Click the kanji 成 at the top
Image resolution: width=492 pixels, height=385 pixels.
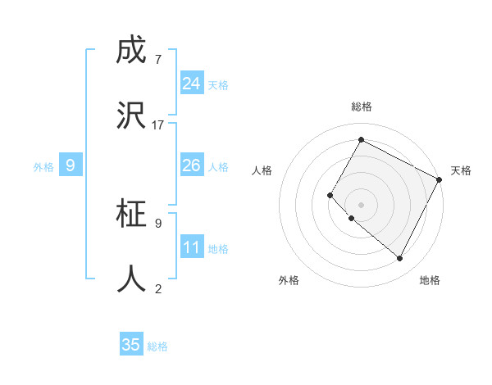[132, 52]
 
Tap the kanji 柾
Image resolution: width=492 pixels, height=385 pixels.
[132, 214]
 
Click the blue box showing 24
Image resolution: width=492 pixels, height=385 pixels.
[192, 84]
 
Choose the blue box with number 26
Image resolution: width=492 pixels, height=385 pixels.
[192, 165]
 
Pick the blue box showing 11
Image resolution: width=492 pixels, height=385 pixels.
[192, 247]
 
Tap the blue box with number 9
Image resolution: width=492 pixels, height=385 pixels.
[71, 165]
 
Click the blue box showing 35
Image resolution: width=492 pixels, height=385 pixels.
[131, 345]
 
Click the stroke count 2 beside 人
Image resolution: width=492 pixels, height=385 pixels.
[157, 288]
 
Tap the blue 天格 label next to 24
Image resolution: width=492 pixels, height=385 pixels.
[218, 85]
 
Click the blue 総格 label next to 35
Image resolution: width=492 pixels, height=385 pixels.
[157, 346]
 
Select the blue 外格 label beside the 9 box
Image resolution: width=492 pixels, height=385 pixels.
[43, 167]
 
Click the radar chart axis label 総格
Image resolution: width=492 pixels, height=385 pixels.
[361, 106]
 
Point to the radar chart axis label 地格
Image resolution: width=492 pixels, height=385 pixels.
[430, 280]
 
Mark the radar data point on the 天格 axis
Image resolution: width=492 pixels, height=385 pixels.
[440, 179]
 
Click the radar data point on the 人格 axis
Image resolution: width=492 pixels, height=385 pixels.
[330, 195]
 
